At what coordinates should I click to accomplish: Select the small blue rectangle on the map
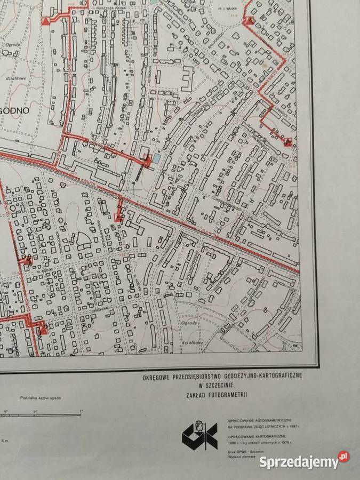tap(155, 158)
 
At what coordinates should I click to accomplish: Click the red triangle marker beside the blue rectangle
tap(148, 158)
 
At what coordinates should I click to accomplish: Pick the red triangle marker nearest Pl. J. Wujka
tap(249, 21)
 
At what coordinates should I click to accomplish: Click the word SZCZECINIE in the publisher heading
tap(221, 386)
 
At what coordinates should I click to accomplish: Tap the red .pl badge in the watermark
tap(343, 457)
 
